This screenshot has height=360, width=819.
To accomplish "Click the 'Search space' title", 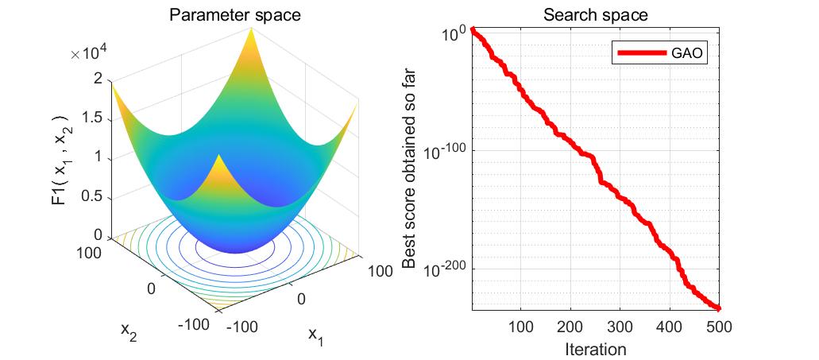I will [595, 15].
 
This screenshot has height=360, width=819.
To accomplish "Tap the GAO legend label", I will [689, 54].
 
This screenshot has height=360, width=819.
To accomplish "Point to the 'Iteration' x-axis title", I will [595, 349].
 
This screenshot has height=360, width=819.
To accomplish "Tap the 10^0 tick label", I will [453, 35].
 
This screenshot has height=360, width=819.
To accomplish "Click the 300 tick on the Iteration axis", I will [620, 327].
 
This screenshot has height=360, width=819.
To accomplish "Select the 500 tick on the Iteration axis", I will [718, 327].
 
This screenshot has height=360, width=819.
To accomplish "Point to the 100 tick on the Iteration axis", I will [520, 327].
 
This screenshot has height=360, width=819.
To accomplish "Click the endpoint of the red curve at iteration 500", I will [718, 308].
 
